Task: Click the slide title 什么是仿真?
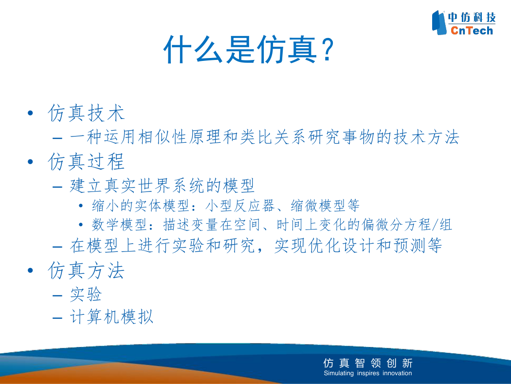point(249,50)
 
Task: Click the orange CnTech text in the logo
point(472,30)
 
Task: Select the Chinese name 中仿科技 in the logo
point(472,17)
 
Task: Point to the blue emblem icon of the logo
point(439,22)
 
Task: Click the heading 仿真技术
point(86,113)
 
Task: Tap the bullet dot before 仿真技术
point(31,113)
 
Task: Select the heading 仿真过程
point(86,161)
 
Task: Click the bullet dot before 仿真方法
point(31,270)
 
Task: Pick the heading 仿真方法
point(86,270)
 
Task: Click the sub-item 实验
point(86,294)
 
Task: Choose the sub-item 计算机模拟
point(111,316)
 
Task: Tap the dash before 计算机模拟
point(57,317)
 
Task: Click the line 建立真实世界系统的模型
point(162,186)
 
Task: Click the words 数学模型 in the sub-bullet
point(119,225)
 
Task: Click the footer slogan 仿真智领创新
point(368,363)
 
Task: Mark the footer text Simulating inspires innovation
point(368,373)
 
